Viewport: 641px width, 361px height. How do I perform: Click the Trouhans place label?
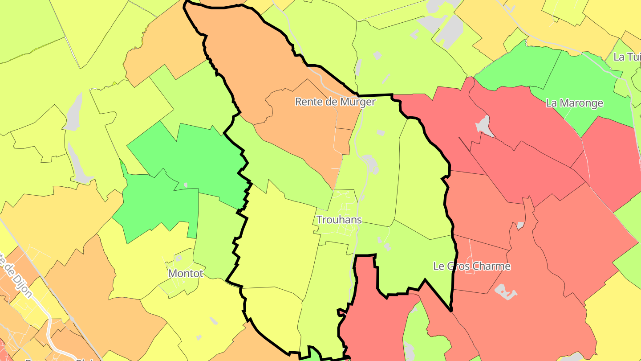point(339,220)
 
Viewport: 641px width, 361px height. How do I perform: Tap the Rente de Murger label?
point(335,102)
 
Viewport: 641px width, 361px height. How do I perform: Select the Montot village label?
point(186,273)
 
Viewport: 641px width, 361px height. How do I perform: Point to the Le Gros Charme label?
point(472,266)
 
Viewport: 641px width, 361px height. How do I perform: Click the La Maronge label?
point(574,103)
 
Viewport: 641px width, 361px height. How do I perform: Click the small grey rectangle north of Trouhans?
point(380,132)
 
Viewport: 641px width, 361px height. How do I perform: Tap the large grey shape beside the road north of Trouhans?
point(370,164)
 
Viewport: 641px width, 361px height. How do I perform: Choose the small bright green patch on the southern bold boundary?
point(314,354)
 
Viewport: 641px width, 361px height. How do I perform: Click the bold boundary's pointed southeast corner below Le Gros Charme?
point(450,310)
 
